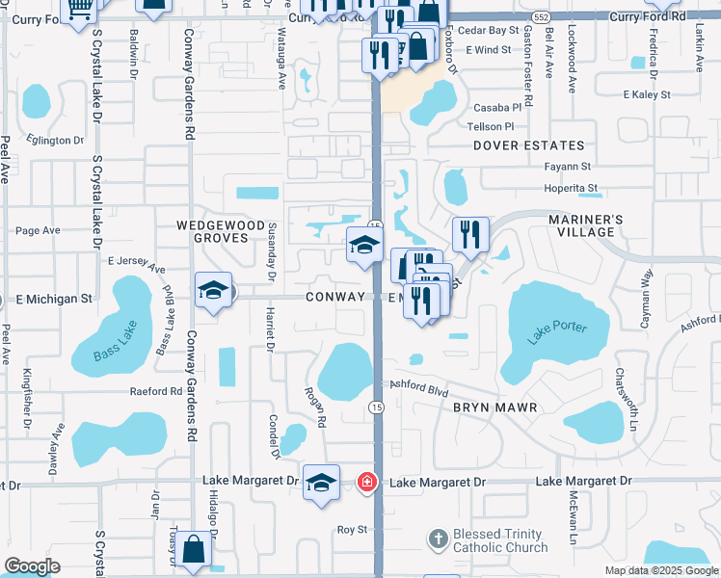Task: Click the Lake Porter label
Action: [x=557, y=332]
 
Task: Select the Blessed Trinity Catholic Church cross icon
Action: [x=438, y=539]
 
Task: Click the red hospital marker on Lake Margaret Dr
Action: [x=366, y=481]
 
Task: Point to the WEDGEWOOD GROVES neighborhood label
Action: [x=220, y=231]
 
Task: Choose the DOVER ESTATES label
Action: [x=528, y=145]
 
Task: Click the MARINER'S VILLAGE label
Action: [x=595, y=225]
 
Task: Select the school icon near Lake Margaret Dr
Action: [x=321, y=483]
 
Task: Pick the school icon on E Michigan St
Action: [x=213, y=290]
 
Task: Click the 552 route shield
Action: [x=541, y=17]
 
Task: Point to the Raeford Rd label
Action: [x=156, y=392]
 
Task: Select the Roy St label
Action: [x=352, y=530]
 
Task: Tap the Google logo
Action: [x=32, y=567]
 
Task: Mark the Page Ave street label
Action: [x=38, y=230]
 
